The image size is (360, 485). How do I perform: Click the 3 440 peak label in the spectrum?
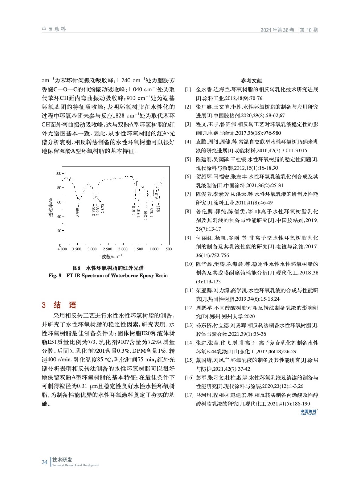pyautogui.click(x=77, y=212)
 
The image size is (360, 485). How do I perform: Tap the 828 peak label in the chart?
pyautogui.click(x=158, y=208)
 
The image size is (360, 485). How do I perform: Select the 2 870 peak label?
pyautogui.click(x=103, y=209)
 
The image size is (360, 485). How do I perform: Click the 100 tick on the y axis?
pyautogui.click(x=58, y=173)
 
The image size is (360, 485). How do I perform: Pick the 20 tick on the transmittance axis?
pyautogui.click(x=59, y=231)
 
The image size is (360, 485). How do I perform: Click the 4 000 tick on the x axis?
pyautogui.click(x=62, y=249)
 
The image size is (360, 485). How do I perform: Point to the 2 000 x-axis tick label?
pyautogui.click(x=123, y=249)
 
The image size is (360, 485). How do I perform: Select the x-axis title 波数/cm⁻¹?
pyautogui.click(x=110, y=256)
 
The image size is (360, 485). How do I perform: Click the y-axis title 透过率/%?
pyautogui.click(x=50, y=208)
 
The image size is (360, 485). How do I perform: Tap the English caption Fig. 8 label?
pyautogui.click(x=55, y=276)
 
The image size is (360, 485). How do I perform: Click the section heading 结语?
pyautogui.click(x=65, y=305)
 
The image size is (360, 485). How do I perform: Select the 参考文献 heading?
pyautogui.click(x=251, y=81)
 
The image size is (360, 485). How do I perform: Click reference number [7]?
pyautogui.click(x=188, y=194)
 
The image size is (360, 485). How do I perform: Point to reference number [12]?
pyautogui.click(x=189, y=308)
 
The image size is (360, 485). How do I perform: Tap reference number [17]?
pyautogui.click(x=189, y=395)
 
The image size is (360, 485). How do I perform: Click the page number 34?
pyautogui.click(x=45, y=462)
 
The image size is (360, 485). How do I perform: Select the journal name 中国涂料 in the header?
pyautogui.click(x=54, y=29)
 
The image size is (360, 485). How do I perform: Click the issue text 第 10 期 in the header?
pyautogui.click(x=309, y=30)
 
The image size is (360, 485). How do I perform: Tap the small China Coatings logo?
pyautogui.click(x=308, y=412)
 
